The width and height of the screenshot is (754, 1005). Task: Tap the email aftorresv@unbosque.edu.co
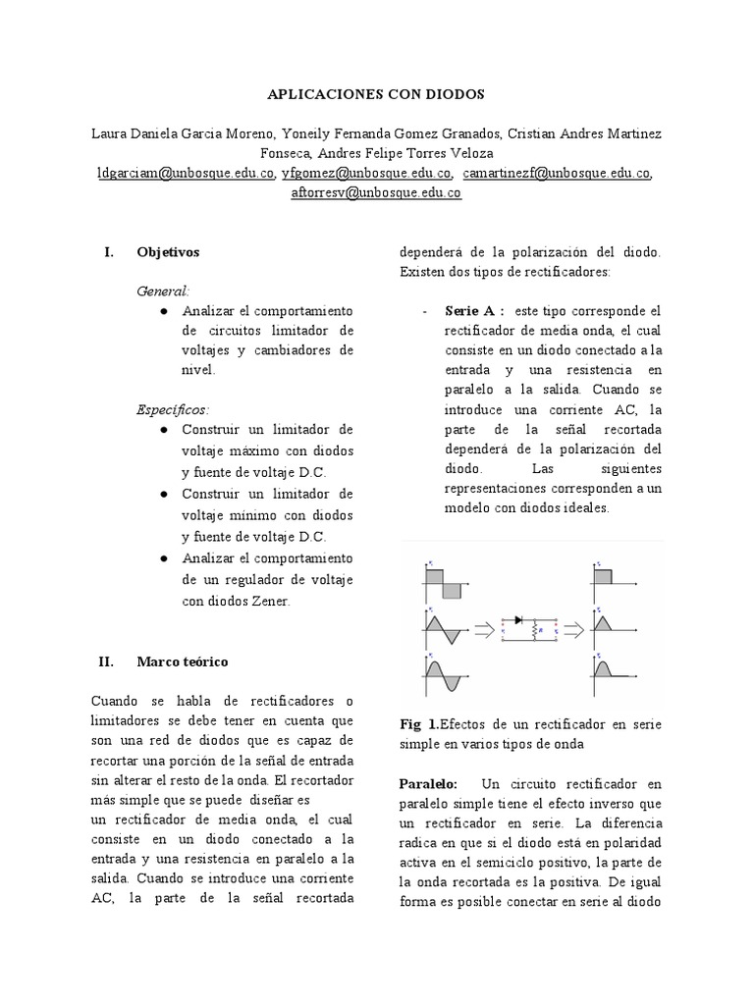coord(376,193)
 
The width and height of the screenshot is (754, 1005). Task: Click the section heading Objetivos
coord(168,252)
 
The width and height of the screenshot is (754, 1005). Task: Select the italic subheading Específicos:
coord(173,409)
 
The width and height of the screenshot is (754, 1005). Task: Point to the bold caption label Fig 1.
coord(419,724)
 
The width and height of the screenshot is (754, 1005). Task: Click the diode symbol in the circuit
coord(518,620)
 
